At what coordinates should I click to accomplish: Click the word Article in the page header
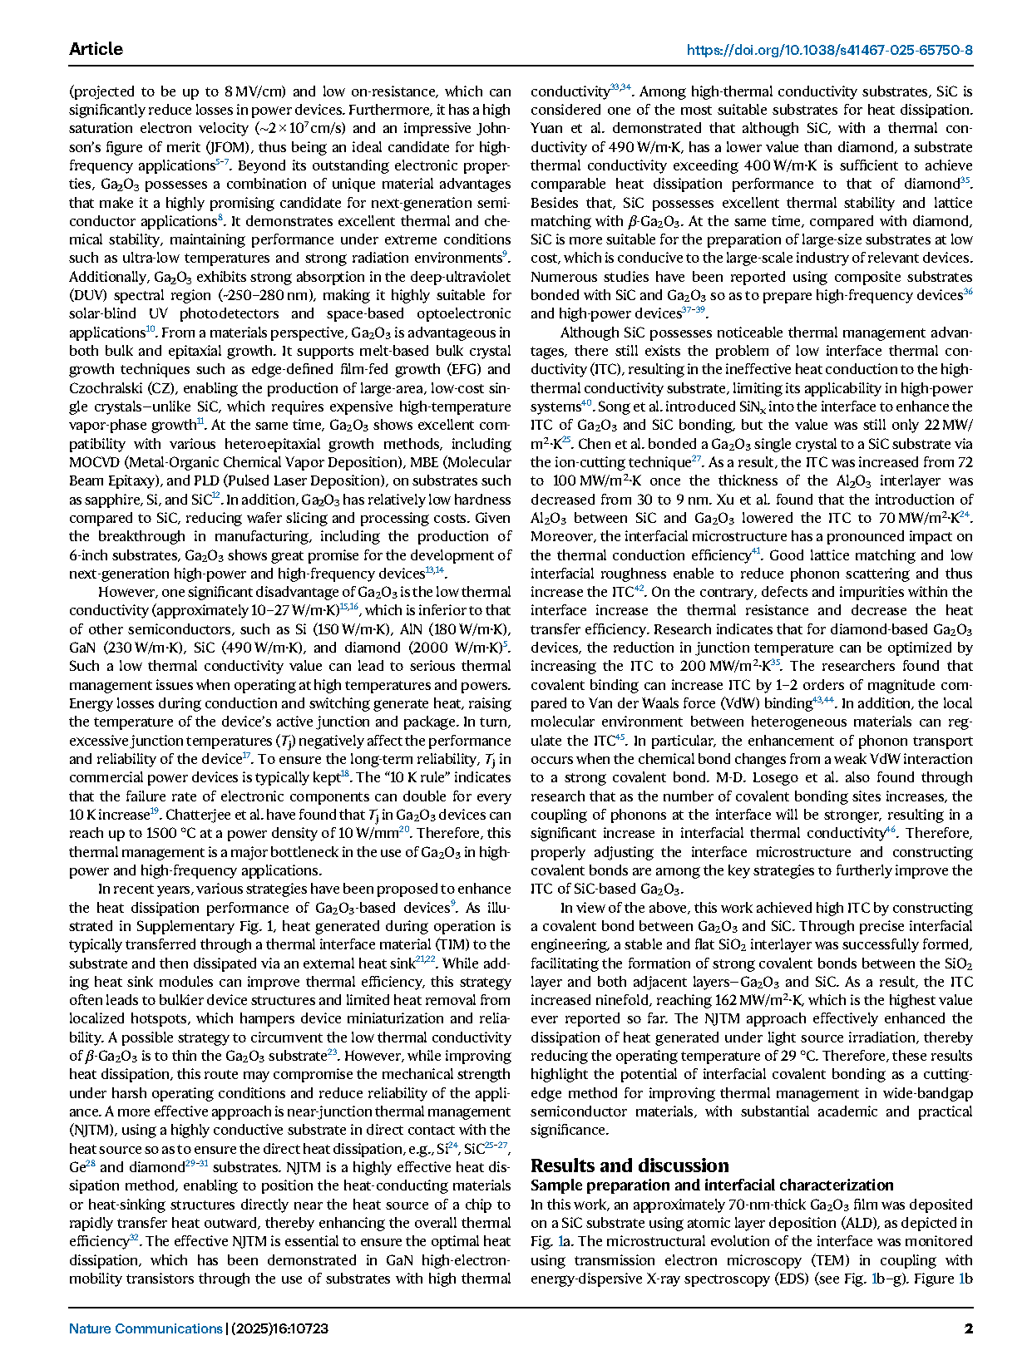click(x=96, y=49)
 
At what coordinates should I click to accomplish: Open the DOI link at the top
click(x=829, y=50)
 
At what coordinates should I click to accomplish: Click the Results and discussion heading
click(x=630, y=1165)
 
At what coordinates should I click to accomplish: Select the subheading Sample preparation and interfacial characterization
click(x=712, y=1185)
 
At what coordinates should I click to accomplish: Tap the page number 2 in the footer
click(x=968, y=1328)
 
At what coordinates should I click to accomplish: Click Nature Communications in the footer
click(x=146, y=1328)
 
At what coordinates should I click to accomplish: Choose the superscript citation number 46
click(x=890, y=830)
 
